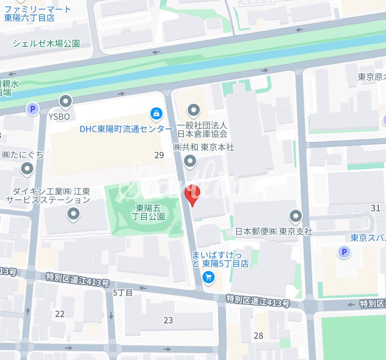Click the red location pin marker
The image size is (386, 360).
(192, 195)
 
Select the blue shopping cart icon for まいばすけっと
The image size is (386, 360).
(209, 277)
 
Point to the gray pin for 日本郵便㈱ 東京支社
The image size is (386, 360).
(296, 216)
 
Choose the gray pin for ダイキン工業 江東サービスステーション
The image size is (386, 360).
(73, 214)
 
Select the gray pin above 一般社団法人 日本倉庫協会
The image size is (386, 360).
(194, 109)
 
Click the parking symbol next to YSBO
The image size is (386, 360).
(32, 109)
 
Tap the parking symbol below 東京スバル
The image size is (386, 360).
(344, 253)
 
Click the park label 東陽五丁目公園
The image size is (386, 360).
(150, 212)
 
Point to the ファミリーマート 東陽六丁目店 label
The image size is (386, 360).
(37, 13)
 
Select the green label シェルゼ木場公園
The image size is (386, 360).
(46, 44)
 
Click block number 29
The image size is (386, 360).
(159, 155)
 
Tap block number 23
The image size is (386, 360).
(168, 320)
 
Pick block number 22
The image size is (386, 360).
(60, 314)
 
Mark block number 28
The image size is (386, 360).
(258, 335)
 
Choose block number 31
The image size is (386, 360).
(376, 208)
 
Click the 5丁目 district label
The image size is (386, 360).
(123, 293)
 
